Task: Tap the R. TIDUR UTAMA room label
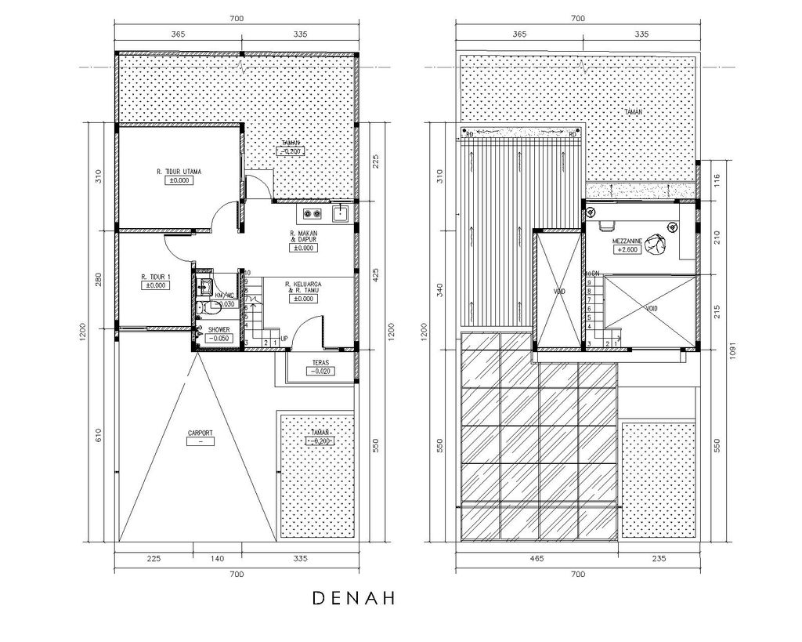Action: click(x=179, y=170)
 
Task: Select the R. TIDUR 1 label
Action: click(x=156, y=277)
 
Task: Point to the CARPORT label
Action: click(x=201, y=432)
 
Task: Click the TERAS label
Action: click(x=319, y=363)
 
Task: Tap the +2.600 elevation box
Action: click(x=629, y=249)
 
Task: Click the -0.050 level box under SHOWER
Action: click(x=219, y=338)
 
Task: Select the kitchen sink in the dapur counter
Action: click(x=340, y=213)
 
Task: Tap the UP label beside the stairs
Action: click(x=284, y=339)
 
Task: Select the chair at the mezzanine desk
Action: click(x=605, y=227)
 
